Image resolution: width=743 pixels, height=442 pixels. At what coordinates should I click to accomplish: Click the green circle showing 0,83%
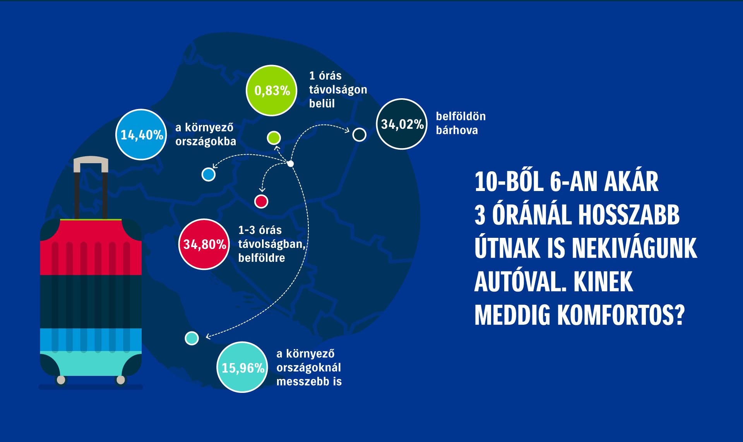[272, 90]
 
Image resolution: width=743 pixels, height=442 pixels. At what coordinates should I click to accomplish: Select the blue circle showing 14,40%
[141, 135]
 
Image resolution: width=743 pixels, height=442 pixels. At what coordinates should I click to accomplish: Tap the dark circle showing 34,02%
[402, 124]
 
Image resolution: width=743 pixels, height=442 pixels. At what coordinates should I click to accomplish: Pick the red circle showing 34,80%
[204, 244]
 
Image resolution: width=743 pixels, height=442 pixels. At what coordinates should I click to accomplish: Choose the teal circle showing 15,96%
[243, 367]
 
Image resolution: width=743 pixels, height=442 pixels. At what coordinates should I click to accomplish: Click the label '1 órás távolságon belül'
[338, 89]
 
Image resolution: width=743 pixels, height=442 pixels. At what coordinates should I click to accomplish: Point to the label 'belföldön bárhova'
[461, 123]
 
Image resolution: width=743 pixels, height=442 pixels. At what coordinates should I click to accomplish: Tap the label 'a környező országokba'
[205, 134]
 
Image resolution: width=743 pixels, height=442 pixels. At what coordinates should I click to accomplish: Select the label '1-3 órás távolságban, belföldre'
[272, 244]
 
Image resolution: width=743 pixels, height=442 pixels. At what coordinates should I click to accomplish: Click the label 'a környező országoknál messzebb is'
[309, 367]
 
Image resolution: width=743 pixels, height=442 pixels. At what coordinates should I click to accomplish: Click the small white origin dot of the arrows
[291, 164]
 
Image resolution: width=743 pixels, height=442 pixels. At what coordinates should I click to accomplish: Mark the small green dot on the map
[274, 138]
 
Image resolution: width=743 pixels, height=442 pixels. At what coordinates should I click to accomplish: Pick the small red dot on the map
[261, 201]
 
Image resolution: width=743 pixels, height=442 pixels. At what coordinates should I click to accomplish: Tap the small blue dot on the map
[209, 174]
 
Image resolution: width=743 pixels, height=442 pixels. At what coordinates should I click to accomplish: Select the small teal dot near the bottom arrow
[192, 338]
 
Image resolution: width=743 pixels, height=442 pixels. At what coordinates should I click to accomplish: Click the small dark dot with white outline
[360, 135]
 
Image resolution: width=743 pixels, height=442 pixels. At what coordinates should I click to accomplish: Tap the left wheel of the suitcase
[61, 380]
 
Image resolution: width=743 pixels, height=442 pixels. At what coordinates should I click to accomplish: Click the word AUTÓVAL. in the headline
[518, 282]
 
